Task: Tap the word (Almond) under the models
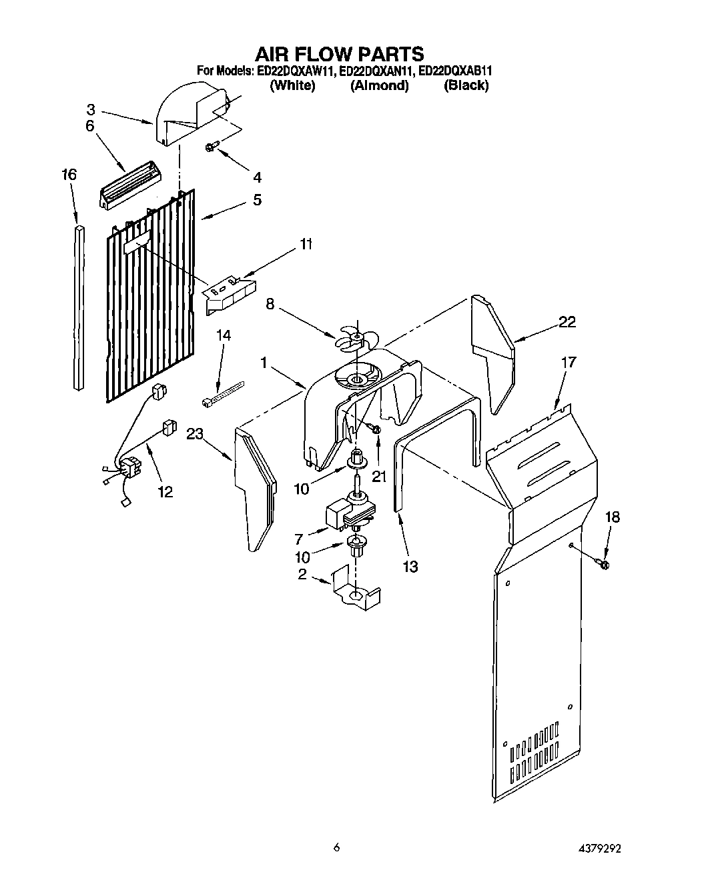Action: (x=379, y=85)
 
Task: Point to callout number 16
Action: (x=69, y=175)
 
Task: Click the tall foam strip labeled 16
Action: (x=79, y=307)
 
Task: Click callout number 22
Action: (x=567, y=322)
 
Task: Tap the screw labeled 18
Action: (x=604, y=565)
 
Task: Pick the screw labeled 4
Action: (x=212, y=147)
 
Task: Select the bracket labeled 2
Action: (x=356, y=588)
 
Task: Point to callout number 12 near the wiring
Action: (x=165, y=491)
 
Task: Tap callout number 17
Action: (x=569, y=363)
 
